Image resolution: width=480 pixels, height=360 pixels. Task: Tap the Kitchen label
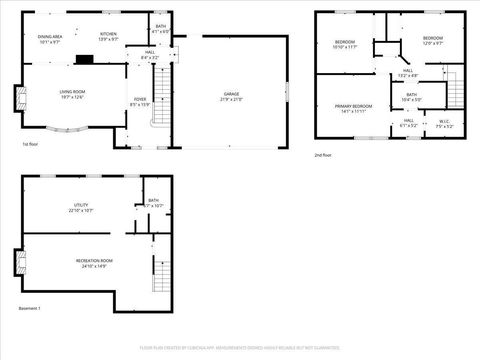tap(108, 37)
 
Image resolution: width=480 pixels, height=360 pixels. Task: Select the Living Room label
tap(72, 93)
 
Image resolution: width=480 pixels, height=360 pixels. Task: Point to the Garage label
tap(231, 95)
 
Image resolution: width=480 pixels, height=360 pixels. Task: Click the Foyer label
tap(140, 101)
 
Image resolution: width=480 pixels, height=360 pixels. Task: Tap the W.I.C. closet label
tap(445, 123)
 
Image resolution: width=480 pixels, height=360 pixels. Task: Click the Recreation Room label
tap(94, 263)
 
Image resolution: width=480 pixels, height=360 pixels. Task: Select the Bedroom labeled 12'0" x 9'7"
tap(433, 41)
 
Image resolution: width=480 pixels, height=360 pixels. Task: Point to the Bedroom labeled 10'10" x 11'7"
tap(345, 44)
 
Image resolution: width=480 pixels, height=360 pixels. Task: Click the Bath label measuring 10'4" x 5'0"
tap(412, 97)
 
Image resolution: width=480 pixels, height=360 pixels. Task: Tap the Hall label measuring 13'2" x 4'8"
tap(407, 72)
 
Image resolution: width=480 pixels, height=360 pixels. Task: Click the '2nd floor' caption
tap(322, 156)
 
